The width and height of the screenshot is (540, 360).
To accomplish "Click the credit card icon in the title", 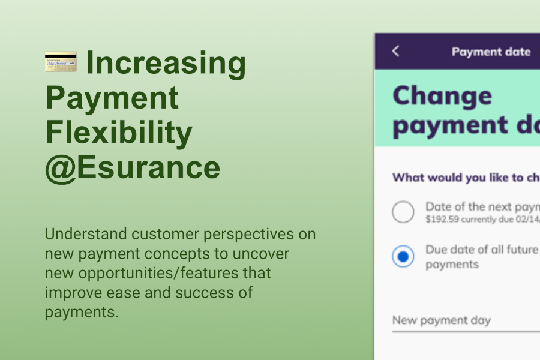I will [61, 62].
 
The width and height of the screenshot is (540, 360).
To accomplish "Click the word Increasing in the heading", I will [166, 64].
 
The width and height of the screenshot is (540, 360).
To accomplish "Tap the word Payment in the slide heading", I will [112, 98].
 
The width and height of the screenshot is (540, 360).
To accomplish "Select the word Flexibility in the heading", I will [119, 133].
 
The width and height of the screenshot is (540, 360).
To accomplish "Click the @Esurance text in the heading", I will [133, 169].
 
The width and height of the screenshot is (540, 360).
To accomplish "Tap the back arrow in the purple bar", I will [395, 51].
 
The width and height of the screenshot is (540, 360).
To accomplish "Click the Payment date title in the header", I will [491, 52].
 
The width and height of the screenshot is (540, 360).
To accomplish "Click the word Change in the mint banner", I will [442, 96].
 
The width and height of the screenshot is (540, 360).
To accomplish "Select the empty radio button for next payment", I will [403, 212].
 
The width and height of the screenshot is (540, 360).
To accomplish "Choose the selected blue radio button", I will [403, 257].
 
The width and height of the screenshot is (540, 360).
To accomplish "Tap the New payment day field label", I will [441, 320].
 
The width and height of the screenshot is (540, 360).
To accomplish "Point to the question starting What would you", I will [466, 178].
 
